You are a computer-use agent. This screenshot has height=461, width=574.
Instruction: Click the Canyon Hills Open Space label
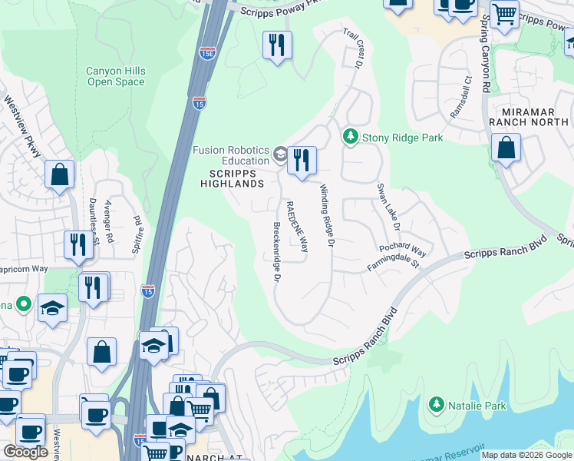tap(115, 77)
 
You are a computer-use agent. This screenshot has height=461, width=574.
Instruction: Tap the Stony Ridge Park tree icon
tap(351, 137)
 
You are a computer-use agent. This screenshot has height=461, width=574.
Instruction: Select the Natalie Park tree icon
tap(437, 403)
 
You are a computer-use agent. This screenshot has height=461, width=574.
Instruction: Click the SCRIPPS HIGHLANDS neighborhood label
tap(232, 178)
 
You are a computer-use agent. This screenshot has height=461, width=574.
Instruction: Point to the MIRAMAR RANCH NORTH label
tap(530, 117)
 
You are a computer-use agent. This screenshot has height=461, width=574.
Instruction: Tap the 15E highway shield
tap(207, 53)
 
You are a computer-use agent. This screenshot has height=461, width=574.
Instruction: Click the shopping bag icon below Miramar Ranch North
tap(506, 148)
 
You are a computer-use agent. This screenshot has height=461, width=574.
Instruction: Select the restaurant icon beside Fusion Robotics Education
tap(302, 160)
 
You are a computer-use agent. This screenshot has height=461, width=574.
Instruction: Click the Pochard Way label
tap(402, 250)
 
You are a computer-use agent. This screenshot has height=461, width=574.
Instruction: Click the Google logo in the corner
tap(25, 452)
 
